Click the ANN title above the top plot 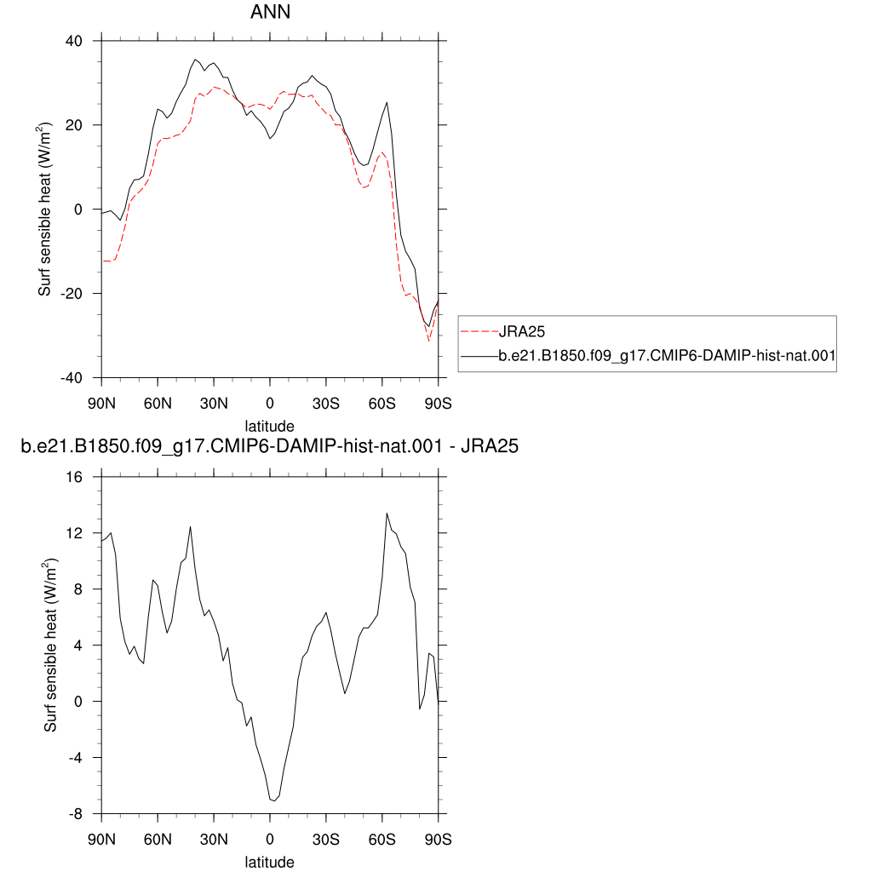point(270,12)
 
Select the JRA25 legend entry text point(522,332)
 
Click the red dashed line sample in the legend point(479,332)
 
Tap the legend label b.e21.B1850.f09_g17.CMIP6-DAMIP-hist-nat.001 point(667,355)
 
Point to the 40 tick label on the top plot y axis point(73,41)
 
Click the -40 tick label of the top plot point(72,378)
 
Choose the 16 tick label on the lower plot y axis point(74,477)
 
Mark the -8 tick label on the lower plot point(75,814)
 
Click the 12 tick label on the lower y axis point(74,533)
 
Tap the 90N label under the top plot point(102,404)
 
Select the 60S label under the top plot point(382,404)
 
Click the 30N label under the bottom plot point(214,840)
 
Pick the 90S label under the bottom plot point(439,840)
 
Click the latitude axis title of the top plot point(270,427)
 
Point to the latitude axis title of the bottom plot point(270,862)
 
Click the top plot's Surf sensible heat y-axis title point(44,209)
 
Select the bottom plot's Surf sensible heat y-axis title point(50,645)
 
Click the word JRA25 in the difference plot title point(490,446)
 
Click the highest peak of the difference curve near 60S point(387,513)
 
